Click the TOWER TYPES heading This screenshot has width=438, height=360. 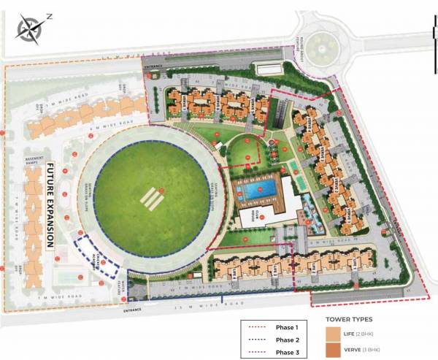point(349,320)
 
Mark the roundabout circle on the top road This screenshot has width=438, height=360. point(320,48)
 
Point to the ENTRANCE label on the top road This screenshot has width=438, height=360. point(154,66)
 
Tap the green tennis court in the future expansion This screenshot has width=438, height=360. point(66,278)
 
